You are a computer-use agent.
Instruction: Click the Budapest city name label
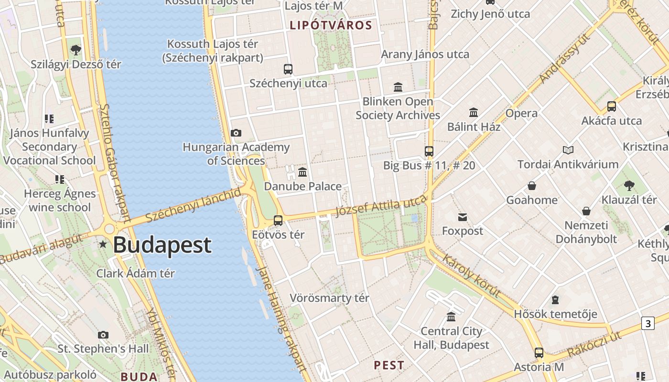click(162, 245)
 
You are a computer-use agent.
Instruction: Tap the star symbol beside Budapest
click(103, 244)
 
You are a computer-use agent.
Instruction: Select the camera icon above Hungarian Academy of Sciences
click(236, 133)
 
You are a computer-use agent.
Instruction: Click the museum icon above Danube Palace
click(302, 172)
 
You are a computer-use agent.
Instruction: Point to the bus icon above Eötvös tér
click(278, 220)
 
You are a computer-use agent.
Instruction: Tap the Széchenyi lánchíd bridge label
click(193, 205)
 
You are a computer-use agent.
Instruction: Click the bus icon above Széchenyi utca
click(288, 69)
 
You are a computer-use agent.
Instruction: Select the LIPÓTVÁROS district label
click(331, 25)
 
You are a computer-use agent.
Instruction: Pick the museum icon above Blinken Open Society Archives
click(398, 87)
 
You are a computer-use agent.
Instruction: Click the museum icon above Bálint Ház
click(474, 112)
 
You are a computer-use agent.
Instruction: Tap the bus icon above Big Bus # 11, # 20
click(429, 151)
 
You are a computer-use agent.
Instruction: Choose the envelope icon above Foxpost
click(462, 217)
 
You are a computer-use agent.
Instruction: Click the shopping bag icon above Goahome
click(532, 186)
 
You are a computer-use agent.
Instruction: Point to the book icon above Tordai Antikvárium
click(568, 150)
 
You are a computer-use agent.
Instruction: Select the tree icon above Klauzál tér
click(629, 186)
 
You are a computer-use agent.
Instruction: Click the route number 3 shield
click(647, 323)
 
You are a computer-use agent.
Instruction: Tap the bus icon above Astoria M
click(539, 353)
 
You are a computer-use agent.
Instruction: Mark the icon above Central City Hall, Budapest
click(451, 317)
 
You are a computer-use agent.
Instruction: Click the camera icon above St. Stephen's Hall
click(103, 335)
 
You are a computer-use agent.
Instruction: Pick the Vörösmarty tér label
click(329, 298)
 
